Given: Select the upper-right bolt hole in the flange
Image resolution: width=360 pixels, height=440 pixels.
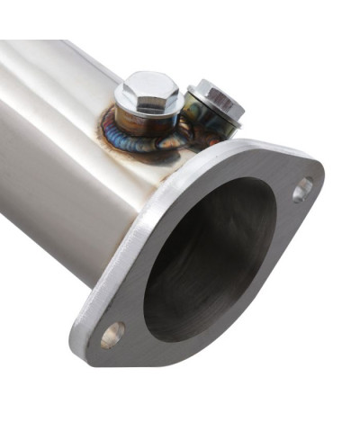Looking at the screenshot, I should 302,190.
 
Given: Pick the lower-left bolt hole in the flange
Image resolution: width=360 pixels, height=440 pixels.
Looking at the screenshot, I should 113,335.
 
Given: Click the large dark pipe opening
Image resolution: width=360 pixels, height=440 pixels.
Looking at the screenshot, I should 210,261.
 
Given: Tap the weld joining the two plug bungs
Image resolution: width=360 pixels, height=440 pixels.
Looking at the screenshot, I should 180,135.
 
